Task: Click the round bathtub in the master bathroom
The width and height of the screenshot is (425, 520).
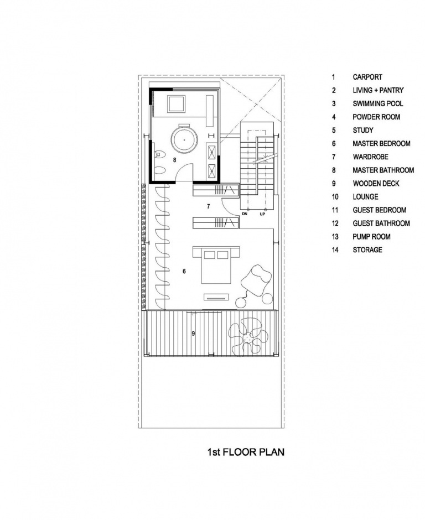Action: tap(184, 141)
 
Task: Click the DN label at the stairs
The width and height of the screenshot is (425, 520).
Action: tap(243, 212)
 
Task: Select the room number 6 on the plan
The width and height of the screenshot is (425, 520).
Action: tap(184, 271)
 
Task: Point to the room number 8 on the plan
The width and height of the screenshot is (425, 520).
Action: tap(174, 159)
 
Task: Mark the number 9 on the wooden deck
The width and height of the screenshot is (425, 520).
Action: tap(193, 333)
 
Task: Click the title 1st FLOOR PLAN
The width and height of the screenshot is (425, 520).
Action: tap(246, 452)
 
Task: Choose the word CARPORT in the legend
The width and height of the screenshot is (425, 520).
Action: tap(367, 77)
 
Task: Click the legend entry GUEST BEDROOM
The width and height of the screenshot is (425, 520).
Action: tap(379, 210)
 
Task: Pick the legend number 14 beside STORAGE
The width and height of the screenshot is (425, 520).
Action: tap(334, 249)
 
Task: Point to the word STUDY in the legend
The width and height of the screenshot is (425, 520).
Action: tap(363, 130)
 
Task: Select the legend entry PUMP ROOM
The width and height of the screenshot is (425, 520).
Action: tap(371, 236)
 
